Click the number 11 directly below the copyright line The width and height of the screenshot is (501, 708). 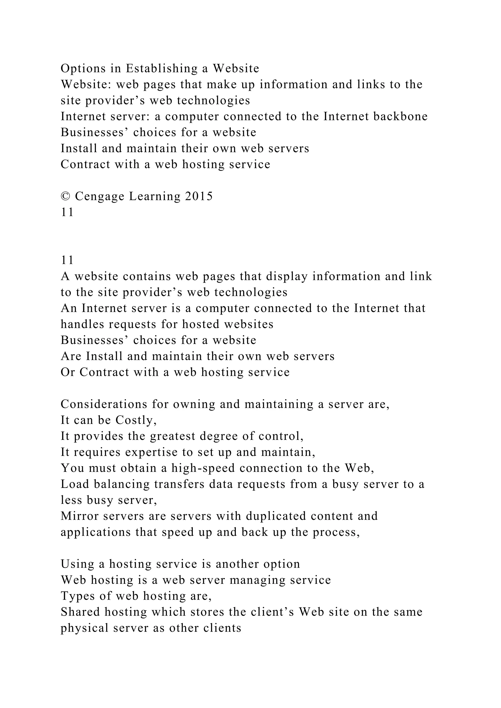pyautogui.click(x=67, y=212)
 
